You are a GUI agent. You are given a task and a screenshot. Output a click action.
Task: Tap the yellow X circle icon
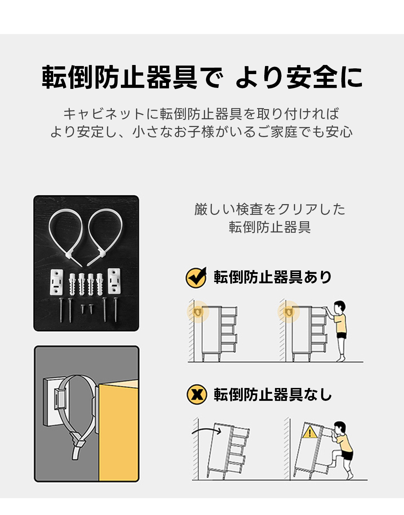[x=196, y=395]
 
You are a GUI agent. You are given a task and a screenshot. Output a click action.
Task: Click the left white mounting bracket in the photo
[x=57, y=282]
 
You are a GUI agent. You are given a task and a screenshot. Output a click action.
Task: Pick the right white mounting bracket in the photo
[x=114, y=281]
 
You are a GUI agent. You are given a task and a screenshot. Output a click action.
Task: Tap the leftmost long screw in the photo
[x=61, y=310]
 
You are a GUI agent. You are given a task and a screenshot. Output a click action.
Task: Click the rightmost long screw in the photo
[x=115, y=310]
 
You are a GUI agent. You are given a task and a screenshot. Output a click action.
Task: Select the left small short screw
[x=82, y=309]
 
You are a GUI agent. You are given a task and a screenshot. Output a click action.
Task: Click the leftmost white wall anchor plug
[x=72, y=285]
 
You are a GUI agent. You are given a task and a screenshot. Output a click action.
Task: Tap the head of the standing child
[x=339, y=307]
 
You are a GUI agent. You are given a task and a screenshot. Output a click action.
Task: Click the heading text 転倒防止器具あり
[x=273, y=277]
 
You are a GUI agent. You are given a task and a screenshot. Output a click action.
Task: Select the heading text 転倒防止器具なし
[x=273, y=395]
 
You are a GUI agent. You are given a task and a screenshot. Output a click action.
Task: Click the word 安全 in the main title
[x=312, y=77]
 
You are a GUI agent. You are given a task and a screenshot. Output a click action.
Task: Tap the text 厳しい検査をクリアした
[x=270, y=210]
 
